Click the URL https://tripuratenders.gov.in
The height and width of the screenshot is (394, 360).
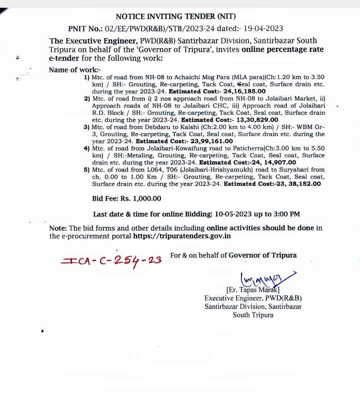182,236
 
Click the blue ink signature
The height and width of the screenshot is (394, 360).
264,279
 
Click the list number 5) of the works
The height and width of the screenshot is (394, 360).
86,170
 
